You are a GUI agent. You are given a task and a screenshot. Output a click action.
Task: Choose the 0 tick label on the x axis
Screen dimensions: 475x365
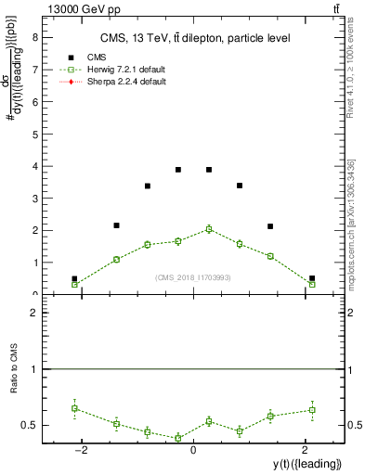tap(192, 450)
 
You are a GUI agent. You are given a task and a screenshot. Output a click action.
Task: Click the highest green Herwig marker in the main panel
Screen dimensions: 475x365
tap(209, 229)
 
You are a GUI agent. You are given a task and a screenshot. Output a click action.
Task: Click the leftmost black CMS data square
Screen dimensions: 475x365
tap(74, 278)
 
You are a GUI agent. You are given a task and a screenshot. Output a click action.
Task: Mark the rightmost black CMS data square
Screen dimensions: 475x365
tap(312, 278)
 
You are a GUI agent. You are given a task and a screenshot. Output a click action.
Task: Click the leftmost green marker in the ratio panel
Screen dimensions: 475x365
tap(74, 408)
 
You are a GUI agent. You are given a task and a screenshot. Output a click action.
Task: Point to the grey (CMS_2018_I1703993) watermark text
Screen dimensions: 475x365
tap(192, 276)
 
